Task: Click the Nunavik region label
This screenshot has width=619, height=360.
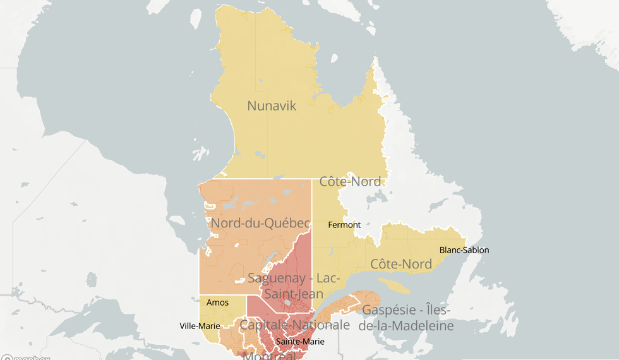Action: (x=272, y=105)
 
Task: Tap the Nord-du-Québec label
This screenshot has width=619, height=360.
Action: (x=260, y=223)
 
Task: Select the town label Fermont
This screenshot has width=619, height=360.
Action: (x=344, y=225)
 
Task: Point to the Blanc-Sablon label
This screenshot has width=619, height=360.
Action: (x=464, y=250)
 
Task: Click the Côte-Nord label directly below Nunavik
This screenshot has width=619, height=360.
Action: (x=350, y=182)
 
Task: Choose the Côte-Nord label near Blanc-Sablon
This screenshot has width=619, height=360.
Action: (x=401, y=264)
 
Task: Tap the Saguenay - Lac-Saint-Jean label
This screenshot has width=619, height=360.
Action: (x=294, y=285)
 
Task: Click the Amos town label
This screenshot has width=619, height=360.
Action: (x=217, y=303)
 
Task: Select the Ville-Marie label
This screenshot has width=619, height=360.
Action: (x=200, y=326)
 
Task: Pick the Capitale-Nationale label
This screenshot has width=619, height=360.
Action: (x=294, y=325)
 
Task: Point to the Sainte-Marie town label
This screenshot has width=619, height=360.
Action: (x=300, y=342)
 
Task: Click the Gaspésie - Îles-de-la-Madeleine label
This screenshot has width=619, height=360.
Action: (x=407, y=318)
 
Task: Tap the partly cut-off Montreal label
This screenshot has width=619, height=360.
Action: (x=270, y=356)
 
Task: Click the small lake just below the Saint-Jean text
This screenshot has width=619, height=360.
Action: (x=289, y=304)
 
